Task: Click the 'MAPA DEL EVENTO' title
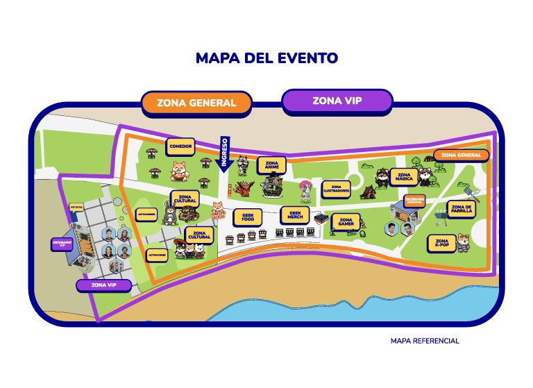click(266, 58)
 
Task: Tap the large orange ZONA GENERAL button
click(196, 103)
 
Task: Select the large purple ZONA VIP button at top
click(337, 101)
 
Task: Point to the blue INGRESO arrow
click(224, 153)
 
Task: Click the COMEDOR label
click(180, 146)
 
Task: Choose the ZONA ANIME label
click(271, 165)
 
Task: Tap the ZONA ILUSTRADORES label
click(336, 189)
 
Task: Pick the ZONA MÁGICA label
click(404, 176)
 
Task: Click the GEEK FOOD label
click(247, 217)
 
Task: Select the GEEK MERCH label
click(295, 214)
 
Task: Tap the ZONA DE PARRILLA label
click(461, 209)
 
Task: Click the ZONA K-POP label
click(441, 243)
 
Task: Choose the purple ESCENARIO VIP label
click(62, 244)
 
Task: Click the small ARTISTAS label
click(76, 207)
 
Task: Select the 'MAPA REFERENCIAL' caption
click(424, 341)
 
